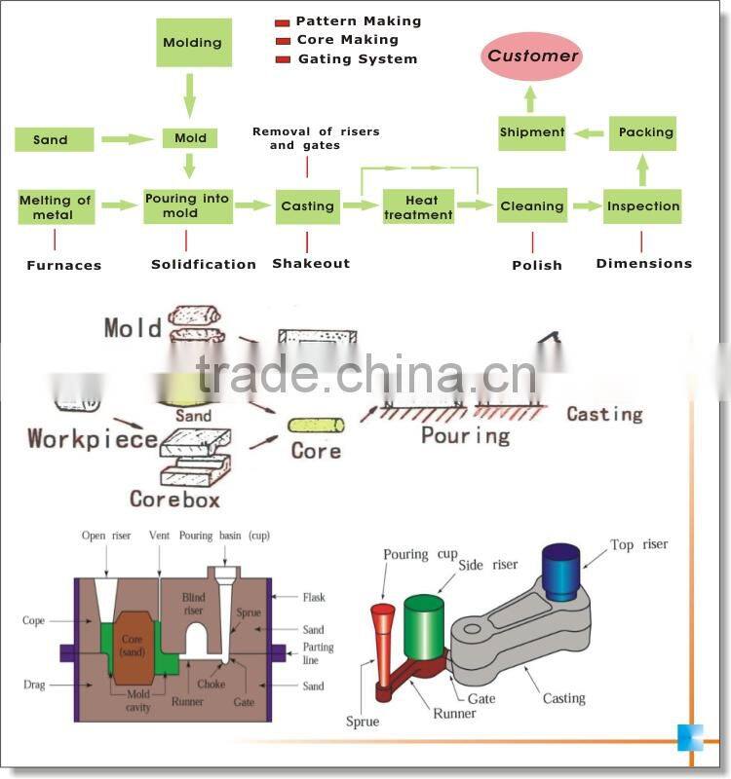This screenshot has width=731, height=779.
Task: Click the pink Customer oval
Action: coord(532,56)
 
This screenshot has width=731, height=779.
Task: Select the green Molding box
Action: coord(191,43)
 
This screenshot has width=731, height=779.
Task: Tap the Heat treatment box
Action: coord(418,206)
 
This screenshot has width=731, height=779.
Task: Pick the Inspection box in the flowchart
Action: coord(642,206)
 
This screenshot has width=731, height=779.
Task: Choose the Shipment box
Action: coord(532,132)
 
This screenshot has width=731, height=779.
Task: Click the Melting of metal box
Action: coord(55,206)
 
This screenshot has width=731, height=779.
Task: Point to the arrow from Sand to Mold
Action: coord(128,139)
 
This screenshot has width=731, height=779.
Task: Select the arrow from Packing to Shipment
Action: coord(586,132)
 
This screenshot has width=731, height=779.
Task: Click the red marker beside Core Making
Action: coord(283,41)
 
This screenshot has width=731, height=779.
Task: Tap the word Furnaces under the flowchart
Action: coord(63,265)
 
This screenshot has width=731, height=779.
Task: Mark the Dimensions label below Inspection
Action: coord(643,263)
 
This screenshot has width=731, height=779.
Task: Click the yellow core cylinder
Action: coord(316,426)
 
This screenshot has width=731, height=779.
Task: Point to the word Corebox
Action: coord(174,500)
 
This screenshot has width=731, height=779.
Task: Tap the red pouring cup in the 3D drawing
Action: coord(383,615)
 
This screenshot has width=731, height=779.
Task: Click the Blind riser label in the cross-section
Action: coord(195,604)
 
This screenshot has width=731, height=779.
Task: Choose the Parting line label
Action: coord(318,653)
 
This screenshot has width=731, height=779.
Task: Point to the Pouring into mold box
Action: coord(186,206)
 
